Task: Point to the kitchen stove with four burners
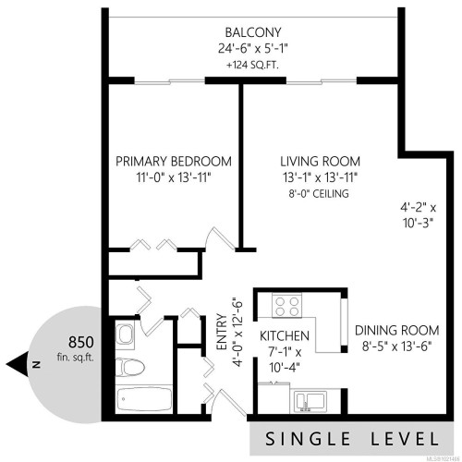point(287,306)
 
